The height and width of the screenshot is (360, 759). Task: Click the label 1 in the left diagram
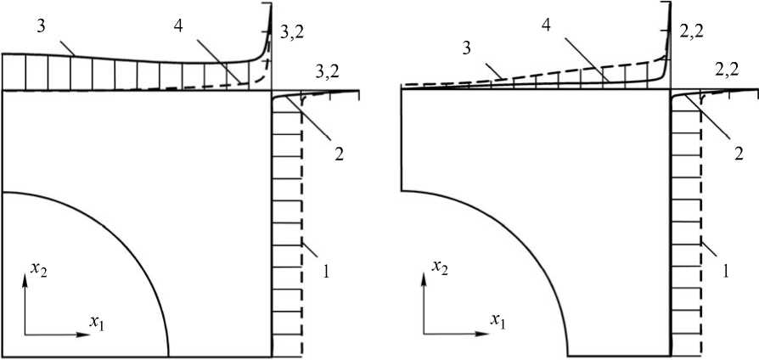coord(325,273)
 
